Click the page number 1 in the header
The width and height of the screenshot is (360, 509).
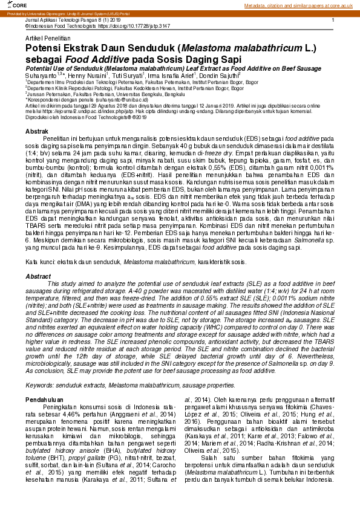[x=333, y=21]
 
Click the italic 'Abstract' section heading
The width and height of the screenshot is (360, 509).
[x=38, y=275]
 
